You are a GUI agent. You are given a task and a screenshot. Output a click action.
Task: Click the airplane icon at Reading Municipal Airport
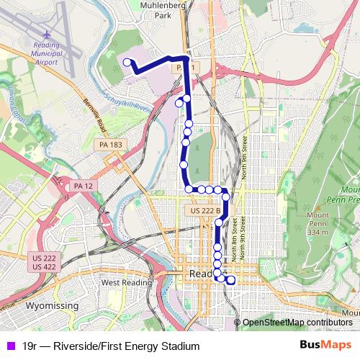(x=48, y=35)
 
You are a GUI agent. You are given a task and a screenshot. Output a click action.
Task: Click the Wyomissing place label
(x=51, y=307)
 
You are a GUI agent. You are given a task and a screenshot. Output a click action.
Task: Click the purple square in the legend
(x=10, y=346)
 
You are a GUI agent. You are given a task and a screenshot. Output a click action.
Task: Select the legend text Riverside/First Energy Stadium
(x=111, y=346)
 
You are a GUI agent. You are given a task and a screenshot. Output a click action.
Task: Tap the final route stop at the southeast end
(x=231, y=280)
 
